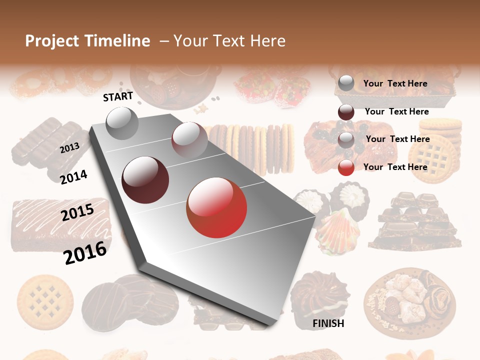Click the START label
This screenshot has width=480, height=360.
(118, 96)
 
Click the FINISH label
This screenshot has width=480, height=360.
(328, 323)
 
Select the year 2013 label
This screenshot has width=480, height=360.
(69, 148)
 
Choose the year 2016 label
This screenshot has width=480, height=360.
(85, 252)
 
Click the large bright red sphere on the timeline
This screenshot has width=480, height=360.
(216, 207)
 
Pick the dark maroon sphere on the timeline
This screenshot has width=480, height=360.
(145, 180)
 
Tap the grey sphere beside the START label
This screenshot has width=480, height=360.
(122, 123)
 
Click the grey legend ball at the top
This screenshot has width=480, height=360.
(346, 83)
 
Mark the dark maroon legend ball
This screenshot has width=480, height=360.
(346, 112)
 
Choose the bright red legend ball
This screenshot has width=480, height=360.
(346, 167)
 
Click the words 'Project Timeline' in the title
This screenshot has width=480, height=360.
(87, 41)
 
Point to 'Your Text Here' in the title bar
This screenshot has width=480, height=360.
(229, 41)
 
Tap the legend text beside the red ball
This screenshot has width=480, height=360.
(395, 167)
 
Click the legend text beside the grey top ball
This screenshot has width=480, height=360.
(395, 83)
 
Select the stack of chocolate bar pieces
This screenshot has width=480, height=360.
(415, 221)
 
